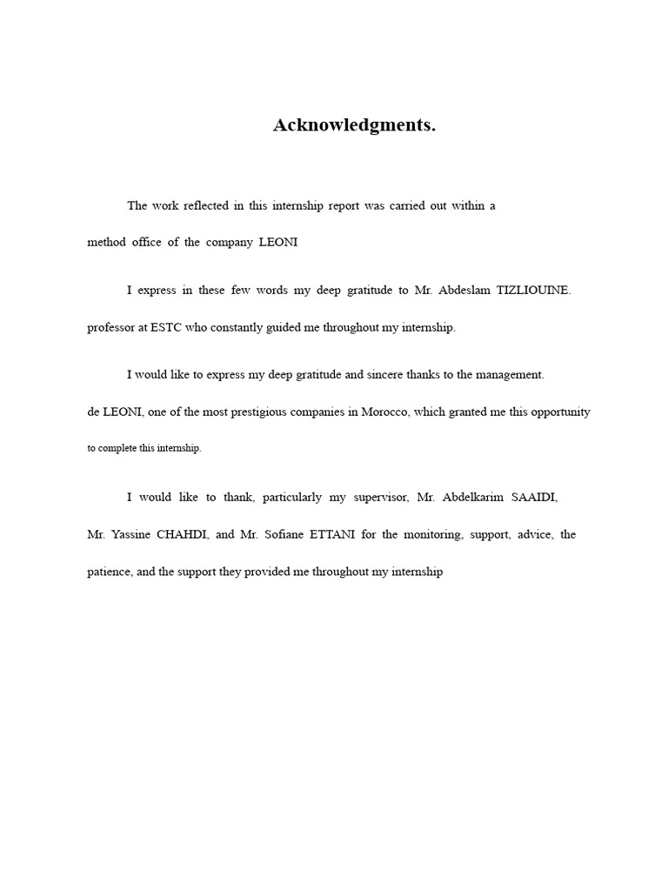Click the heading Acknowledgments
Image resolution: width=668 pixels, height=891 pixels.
(x=354, y=125)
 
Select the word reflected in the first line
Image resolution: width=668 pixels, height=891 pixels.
(x=201, y=206)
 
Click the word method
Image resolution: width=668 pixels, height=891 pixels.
(x=106, y=243)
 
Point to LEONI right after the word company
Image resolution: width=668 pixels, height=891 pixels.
(x=278, y=243)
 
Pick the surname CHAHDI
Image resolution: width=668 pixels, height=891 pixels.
(x=181, y=535)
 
